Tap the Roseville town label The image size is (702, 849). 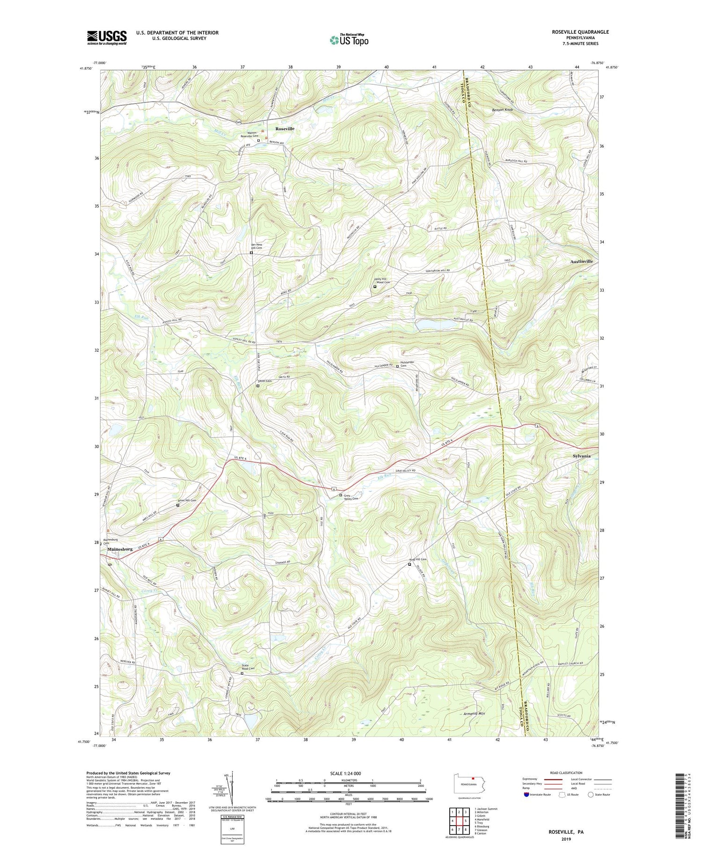point(285,128)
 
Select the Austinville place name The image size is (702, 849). point(581,261)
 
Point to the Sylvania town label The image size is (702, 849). point(581,456)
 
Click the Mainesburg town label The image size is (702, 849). point(120,549)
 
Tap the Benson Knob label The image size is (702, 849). point(502,110)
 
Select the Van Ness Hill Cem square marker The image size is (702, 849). point(251,253)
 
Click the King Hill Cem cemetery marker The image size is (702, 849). point(409,564)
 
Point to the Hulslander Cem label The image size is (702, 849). point(407,364)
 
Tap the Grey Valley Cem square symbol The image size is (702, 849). point(340,495)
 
